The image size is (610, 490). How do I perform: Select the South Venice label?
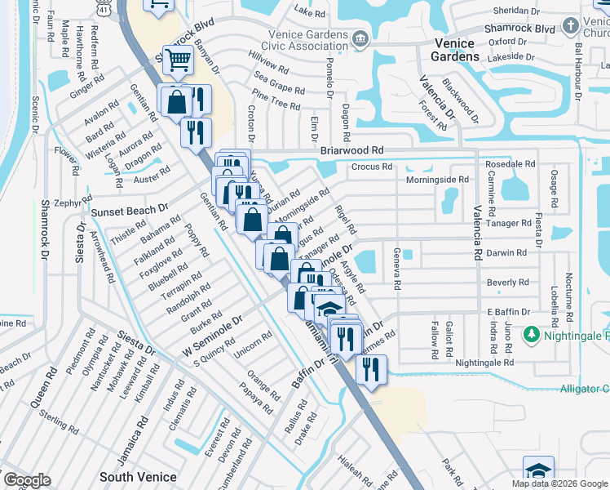(x=133, y=476)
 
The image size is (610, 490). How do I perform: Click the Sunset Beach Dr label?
(x=129, y=211)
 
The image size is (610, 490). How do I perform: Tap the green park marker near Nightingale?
(x=532, y=335)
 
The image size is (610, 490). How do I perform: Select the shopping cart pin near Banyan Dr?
(x=177, y=60)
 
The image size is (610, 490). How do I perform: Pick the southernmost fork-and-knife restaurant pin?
(x=371, y=369)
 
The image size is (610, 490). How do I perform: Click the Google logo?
(x=26, y=480)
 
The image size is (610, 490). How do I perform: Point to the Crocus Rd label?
(x=372, y=167)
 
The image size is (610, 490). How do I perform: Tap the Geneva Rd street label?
(x=397, y=269)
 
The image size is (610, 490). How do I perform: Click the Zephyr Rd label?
(x=73, y=202)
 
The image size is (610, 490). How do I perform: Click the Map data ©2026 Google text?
(x=559, y=483)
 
